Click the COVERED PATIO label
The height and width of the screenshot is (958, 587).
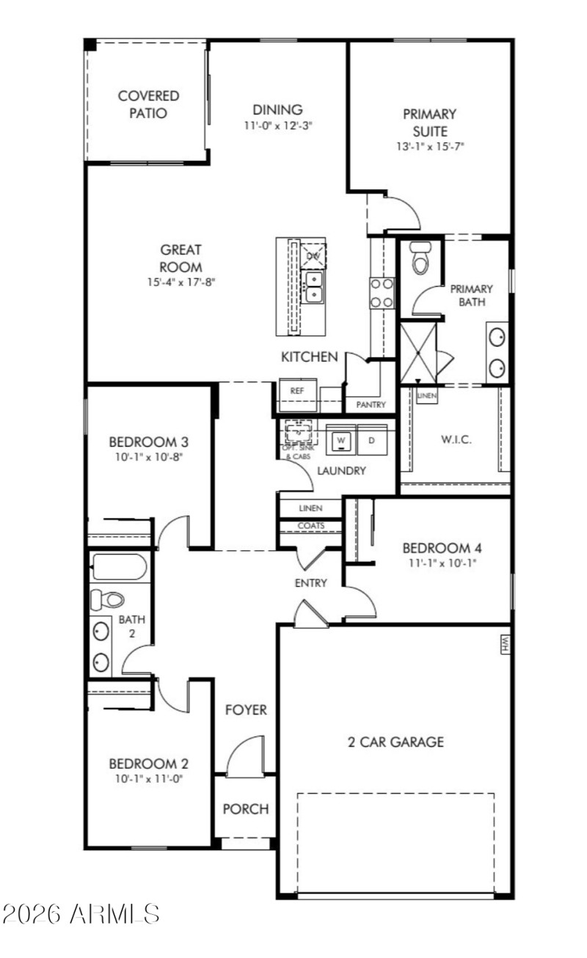(148, 104)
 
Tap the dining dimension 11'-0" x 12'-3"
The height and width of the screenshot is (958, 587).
(283, 126)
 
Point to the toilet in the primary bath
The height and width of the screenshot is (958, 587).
(420, 259)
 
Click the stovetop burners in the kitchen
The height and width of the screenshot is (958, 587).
(382, 293)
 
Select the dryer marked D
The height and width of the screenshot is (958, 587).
(371, 440)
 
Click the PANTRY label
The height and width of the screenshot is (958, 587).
(371, 405)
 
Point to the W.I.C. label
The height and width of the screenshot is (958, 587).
(456, 440)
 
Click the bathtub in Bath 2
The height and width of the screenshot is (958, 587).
(119, 567)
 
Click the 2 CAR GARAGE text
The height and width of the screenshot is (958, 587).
(395, 742)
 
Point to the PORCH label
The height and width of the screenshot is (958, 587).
(245, 809)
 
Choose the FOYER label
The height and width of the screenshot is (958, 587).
(245, 710)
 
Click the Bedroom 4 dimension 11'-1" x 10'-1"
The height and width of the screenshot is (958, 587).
(436, 564)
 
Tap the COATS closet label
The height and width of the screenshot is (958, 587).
(311, 526)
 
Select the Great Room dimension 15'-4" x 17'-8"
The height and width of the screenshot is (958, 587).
(181, 281)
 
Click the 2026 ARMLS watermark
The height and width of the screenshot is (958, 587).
(81, 914)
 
